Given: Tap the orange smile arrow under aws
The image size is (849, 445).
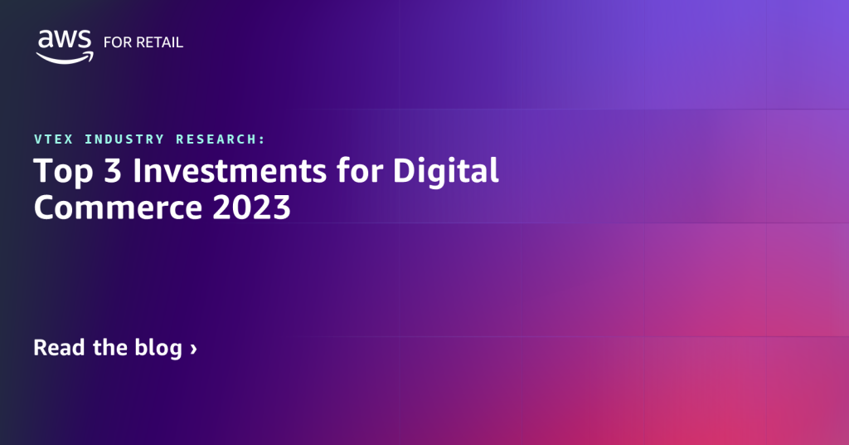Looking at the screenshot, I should click(x=65, y=57).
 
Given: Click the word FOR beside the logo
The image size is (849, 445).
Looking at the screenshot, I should click(x=116, y=42).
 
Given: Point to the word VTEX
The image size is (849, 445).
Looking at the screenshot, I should click(x=52, y=139).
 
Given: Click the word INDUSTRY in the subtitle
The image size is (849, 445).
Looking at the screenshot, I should click(x=123, y=139).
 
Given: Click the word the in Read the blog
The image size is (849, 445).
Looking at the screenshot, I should click(x=109, y=347).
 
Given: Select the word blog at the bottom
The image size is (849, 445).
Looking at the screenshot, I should click(x=157, y=348).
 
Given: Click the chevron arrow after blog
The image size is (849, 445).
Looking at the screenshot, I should click(x=193, y=349).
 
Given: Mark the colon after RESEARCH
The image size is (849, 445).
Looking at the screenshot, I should click(x=263, y=139).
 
